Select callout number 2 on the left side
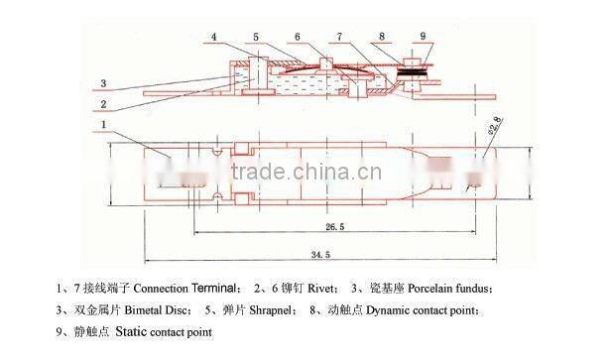click(102, 103)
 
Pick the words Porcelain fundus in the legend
click(444, 289)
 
